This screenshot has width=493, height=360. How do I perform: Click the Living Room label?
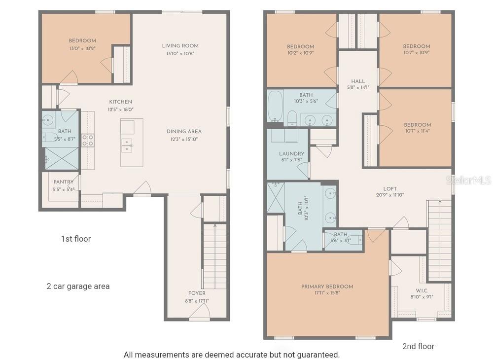[180, 46]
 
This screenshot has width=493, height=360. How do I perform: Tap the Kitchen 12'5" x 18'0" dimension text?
[121, 109]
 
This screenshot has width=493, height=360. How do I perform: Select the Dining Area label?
[183, 132]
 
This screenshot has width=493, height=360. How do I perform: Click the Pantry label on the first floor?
[64, 182]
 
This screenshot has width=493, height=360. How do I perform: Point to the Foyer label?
[197, 293]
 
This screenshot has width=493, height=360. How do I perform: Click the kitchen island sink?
[127, 144]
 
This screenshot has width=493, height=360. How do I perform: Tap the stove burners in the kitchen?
[88, 141]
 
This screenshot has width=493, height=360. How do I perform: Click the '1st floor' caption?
[75, 239]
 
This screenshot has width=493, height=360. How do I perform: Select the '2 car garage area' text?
[78, 286]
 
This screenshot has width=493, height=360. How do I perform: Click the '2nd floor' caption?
[418, 346]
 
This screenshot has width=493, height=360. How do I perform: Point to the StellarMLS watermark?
[468, 180]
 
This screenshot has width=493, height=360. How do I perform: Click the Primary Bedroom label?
[327, 287]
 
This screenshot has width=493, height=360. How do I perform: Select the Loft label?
[390, 189]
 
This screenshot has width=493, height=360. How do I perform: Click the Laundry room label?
[291, 154]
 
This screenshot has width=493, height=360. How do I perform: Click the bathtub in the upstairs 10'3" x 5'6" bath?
[275, 106]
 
